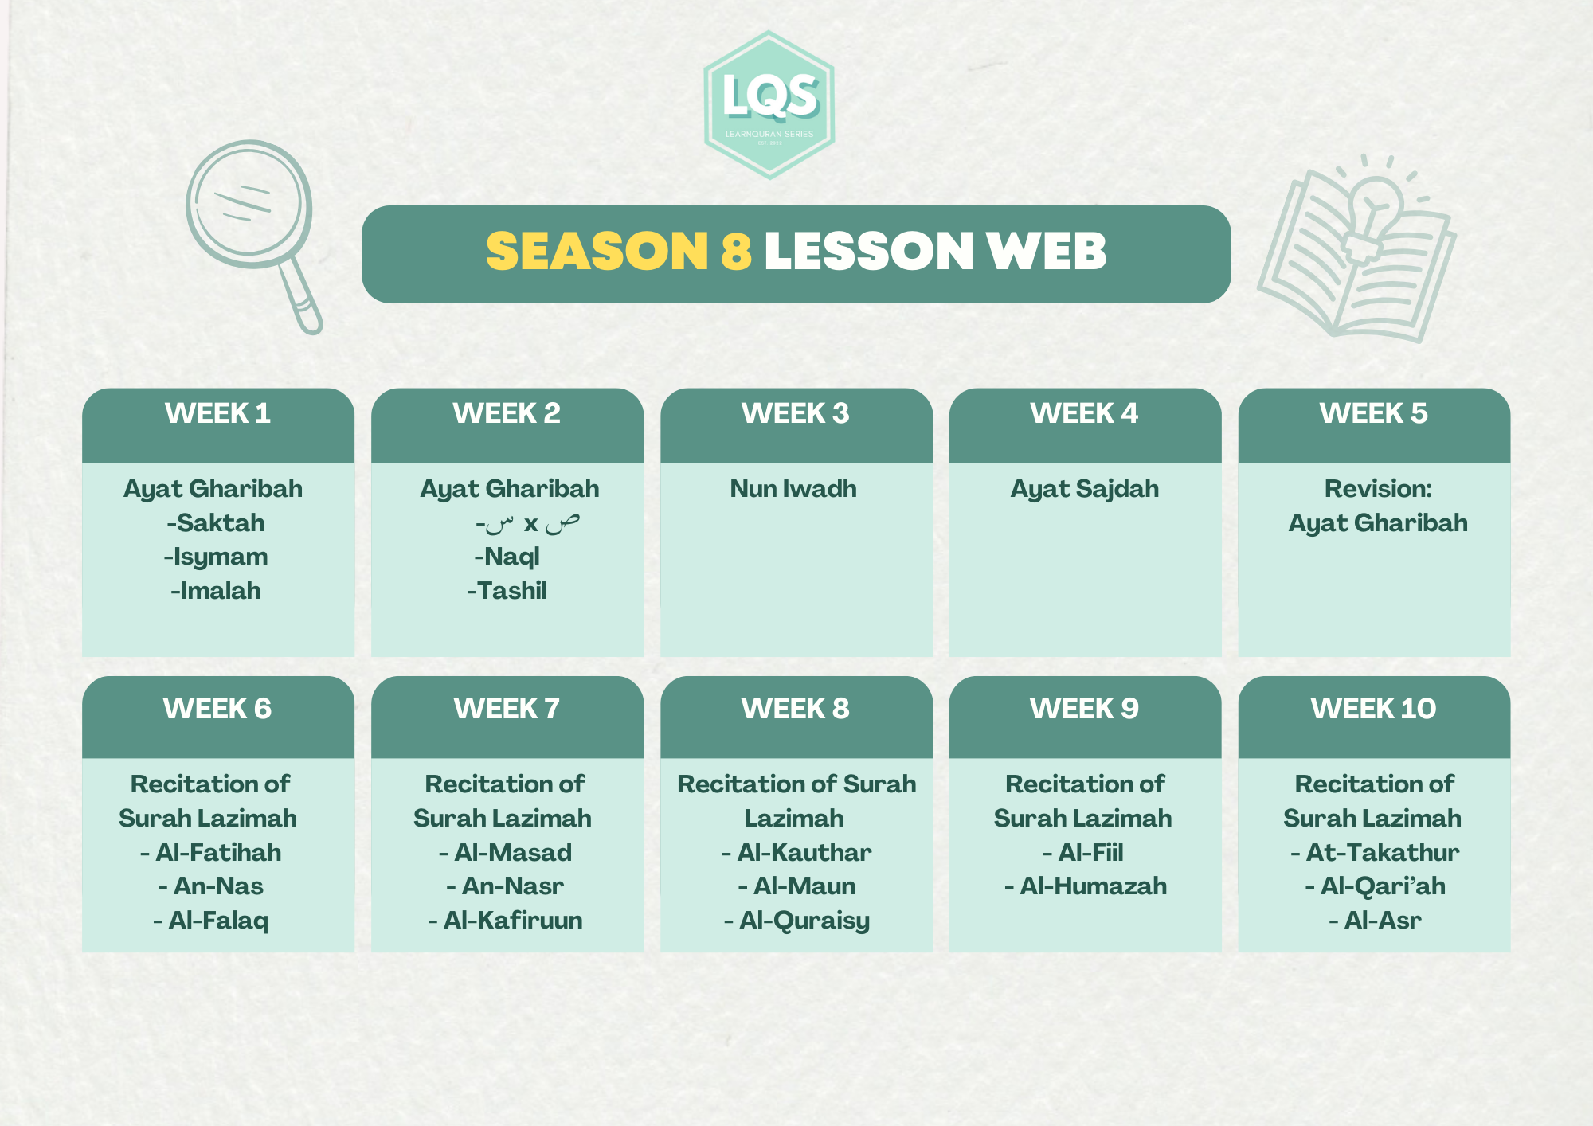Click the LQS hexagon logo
pos(769,104)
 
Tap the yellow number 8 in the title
pos(737,252)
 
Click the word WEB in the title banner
pos(1046,252)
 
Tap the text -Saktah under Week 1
pos(216,523)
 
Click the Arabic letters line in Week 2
pos(527,523)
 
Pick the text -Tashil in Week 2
pos(507,591)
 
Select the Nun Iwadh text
pos(793,489)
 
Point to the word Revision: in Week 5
pos(1378,489)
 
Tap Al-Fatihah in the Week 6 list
pos(211,853)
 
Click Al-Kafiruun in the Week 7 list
pos(506,921)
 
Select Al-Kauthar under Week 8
pos(796,853)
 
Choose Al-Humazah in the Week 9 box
pos(1086,886)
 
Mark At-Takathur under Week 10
pos(1375,853)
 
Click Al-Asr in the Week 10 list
pos(1375,921)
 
